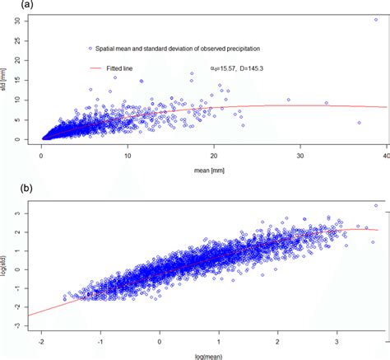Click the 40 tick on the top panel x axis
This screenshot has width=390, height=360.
[x=385, y=154]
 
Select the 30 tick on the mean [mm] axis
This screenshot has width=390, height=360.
[x=299, y=154]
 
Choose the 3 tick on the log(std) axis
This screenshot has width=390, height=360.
[x=17, y=213]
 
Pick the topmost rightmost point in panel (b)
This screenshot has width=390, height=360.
[x=375, y=206]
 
